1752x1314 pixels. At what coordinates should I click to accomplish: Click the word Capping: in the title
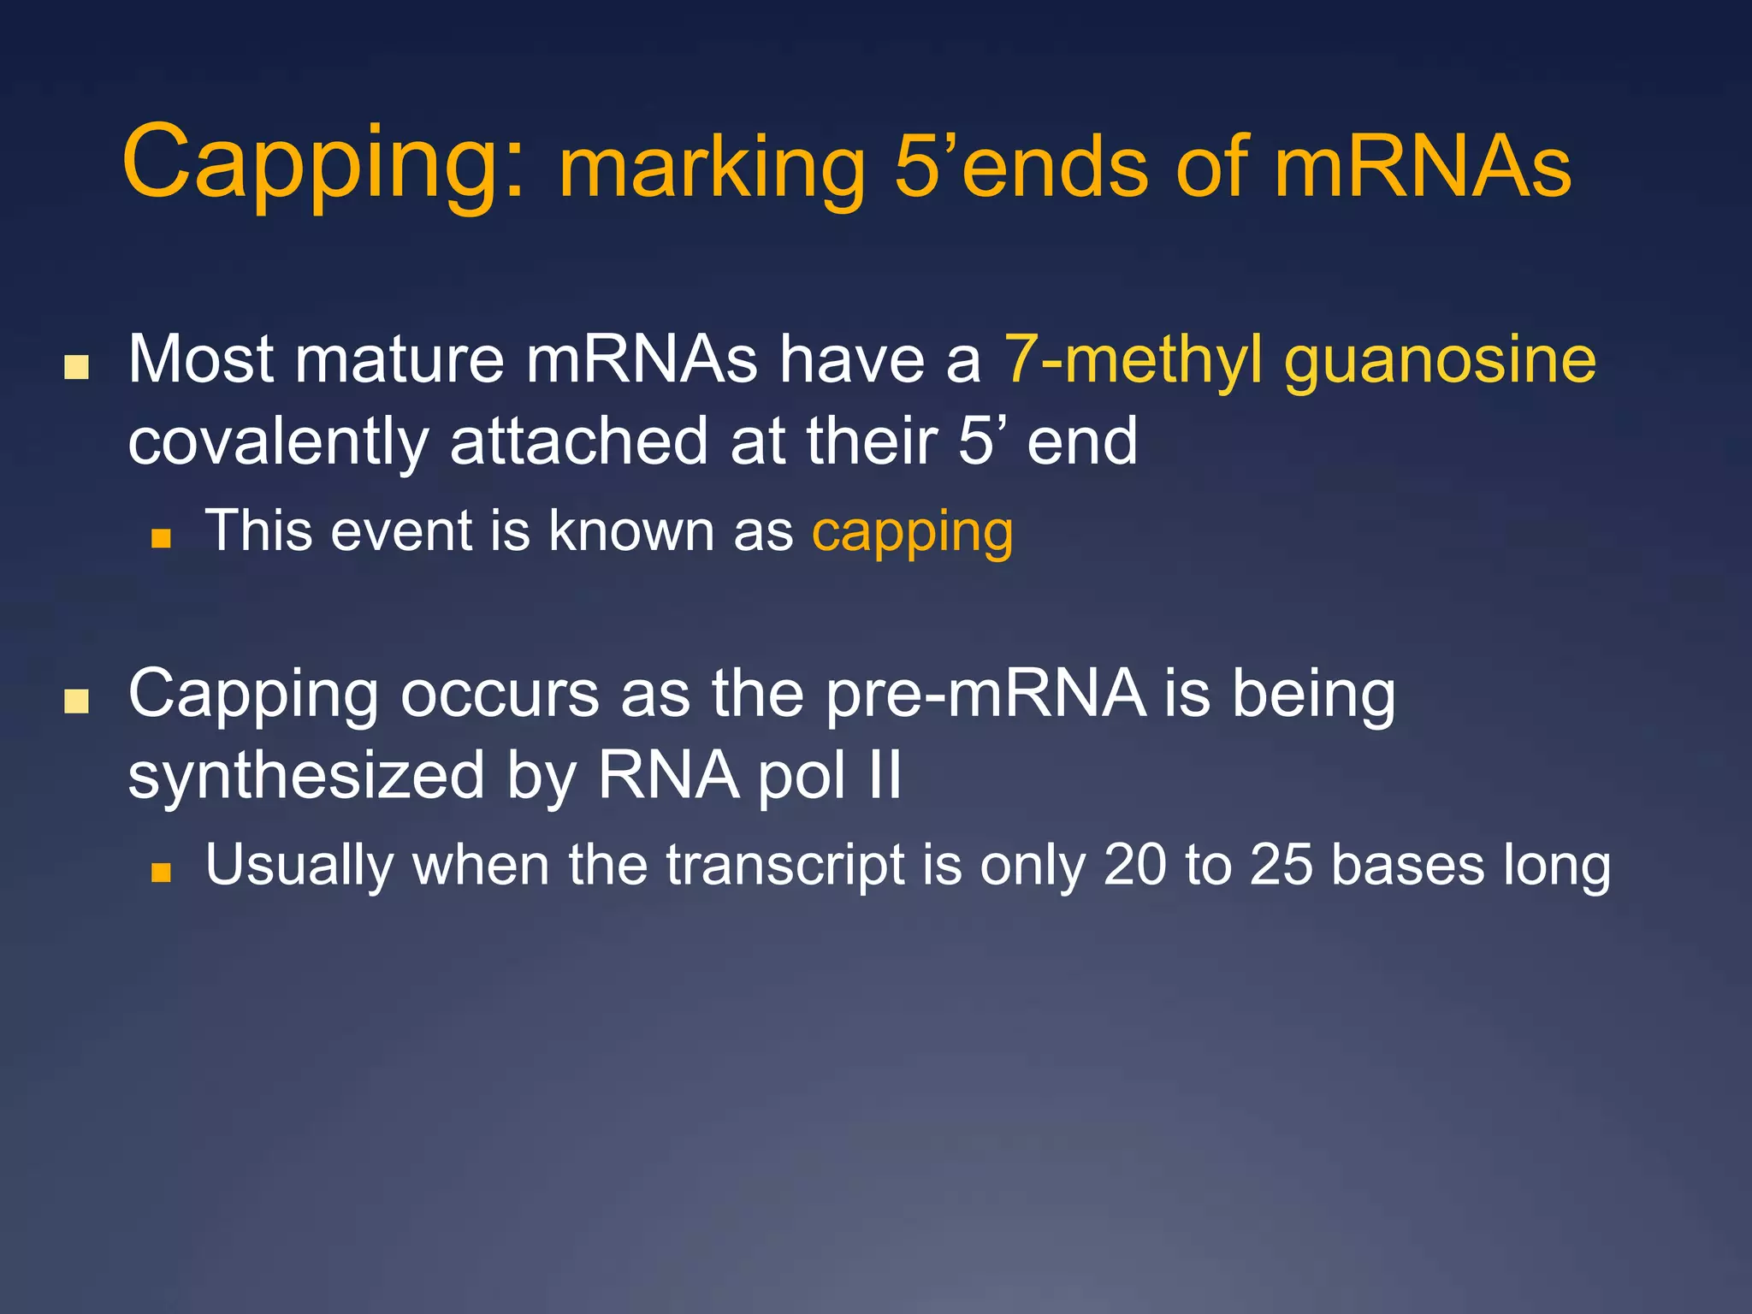click(x=323, y=163)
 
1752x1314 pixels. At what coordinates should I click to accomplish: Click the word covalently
click(x=278, y=443)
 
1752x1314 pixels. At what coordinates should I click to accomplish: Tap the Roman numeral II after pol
click(x=885, y=775)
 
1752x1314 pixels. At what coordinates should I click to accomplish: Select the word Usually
click(x=299, y=867)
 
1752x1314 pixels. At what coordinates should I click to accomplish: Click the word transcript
click(x=785, y=867)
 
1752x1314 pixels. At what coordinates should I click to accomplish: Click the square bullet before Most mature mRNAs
click(x=77, y=367)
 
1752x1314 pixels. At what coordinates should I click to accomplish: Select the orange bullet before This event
click(x=161, y=538)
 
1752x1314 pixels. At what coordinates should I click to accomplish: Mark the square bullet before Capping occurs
click(x=77, y=701)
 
